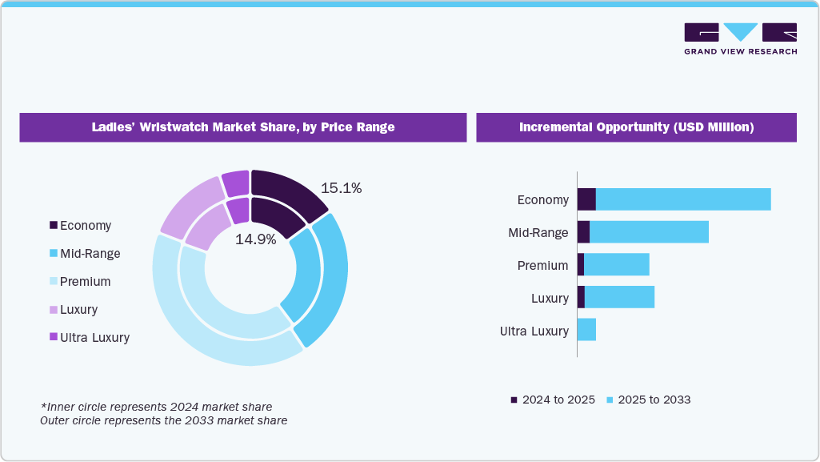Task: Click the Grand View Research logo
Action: [740, 38]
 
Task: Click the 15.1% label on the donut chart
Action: [341, 189]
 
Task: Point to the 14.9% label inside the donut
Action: [255, 239]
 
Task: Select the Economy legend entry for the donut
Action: [80, 226]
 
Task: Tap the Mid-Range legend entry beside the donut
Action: [84, 254]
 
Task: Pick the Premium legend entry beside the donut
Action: [79, 282]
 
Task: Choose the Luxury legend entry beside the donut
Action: [73, 310]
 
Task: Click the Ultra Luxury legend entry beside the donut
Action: [89, 338]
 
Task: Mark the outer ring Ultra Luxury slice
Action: [236, 183]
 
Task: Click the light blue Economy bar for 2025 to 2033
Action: [683, 199]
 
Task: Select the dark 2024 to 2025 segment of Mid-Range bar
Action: [583, 232]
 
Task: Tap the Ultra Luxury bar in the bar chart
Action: [586, 330]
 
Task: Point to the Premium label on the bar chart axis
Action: [542, 266]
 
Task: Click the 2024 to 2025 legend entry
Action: [553, 400]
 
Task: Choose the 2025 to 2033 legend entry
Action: [648, 400]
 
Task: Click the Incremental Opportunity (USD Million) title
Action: [636, 127]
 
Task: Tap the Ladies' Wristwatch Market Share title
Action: [243, 127]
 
